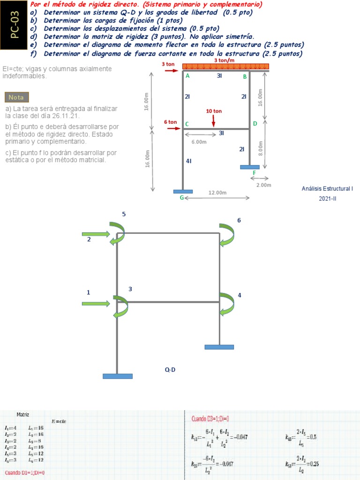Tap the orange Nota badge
pos(16,97)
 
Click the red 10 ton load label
pos(214,111)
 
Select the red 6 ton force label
pos(170,122)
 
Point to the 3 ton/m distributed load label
pos(224,60)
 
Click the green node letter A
pos(187,76)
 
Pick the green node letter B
pos(245,76)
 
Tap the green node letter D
pos(255,123)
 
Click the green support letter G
pos(181,197)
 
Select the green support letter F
pos(254,172)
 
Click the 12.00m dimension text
pos(217,193)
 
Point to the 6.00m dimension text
pos(199,142)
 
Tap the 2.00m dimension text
pos(264,185)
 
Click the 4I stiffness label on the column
pos(188,161)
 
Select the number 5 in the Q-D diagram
pos(124,214)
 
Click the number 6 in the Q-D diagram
pos(239,220)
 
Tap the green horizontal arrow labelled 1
pos(96,304)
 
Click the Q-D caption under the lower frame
pos(170,370)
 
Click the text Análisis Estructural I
pos(327,188)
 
